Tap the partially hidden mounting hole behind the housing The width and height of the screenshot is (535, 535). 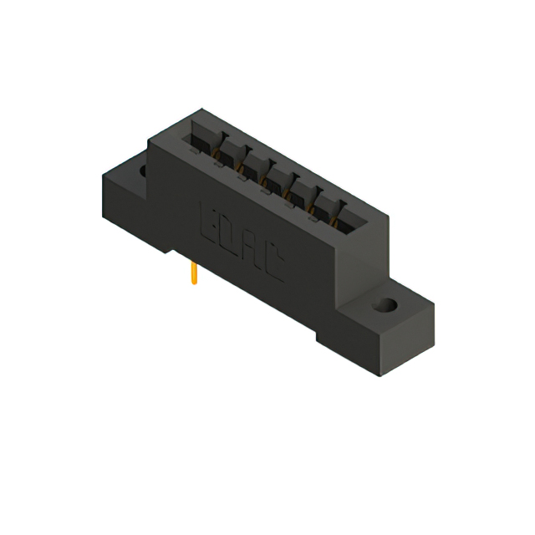[x=142, y=171]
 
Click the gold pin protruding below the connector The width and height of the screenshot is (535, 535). [x=194, y=272]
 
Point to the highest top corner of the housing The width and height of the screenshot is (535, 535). [x=201, y=110]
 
